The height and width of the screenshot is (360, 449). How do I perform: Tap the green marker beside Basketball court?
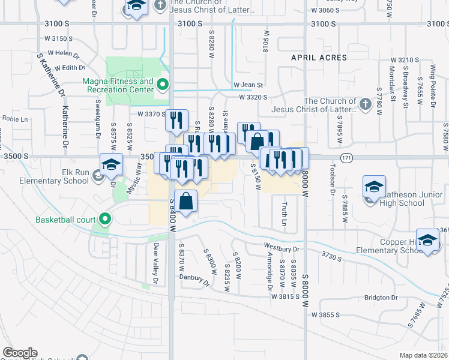click(x=106, y=219)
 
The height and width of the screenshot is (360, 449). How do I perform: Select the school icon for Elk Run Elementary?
click(x=111, y=164)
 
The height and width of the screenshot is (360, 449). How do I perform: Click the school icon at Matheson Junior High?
click(x=374, y=187)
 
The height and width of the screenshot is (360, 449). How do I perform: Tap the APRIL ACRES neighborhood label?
click(x=319, y=58)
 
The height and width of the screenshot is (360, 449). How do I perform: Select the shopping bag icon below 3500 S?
click(x=186, y=202)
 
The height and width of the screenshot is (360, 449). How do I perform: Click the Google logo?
click(x=20, y=353)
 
